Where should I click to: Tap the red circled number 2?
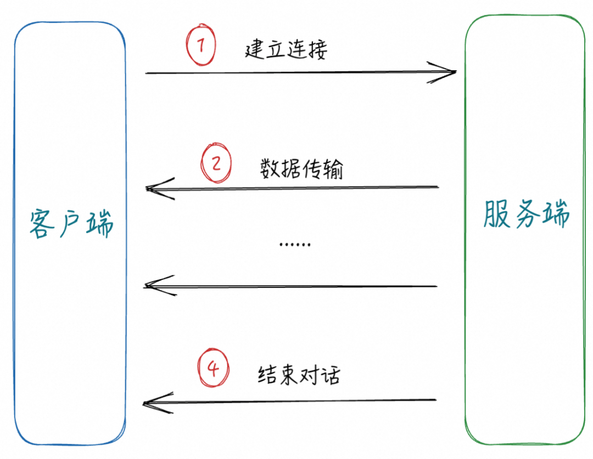coord(216,164)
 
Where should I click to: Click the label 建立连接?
coord(286,49)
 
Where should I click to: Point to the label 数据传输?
coord(301,169)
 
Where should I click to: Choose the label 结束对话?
coord(299,375)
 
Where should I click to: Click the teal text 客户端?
coord(71,223)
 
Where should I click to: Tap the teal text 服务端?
coord(526,214)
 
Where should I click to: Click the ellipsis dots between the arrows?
coord(295,244)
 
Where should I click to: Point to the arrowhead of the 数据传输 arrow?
coord(154,188)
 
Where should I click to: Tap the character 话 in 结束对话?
coord(331,375)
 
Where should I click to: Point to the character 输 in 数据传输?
coord(333,169)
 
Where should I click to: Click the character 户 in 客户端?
coord(71,224)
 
